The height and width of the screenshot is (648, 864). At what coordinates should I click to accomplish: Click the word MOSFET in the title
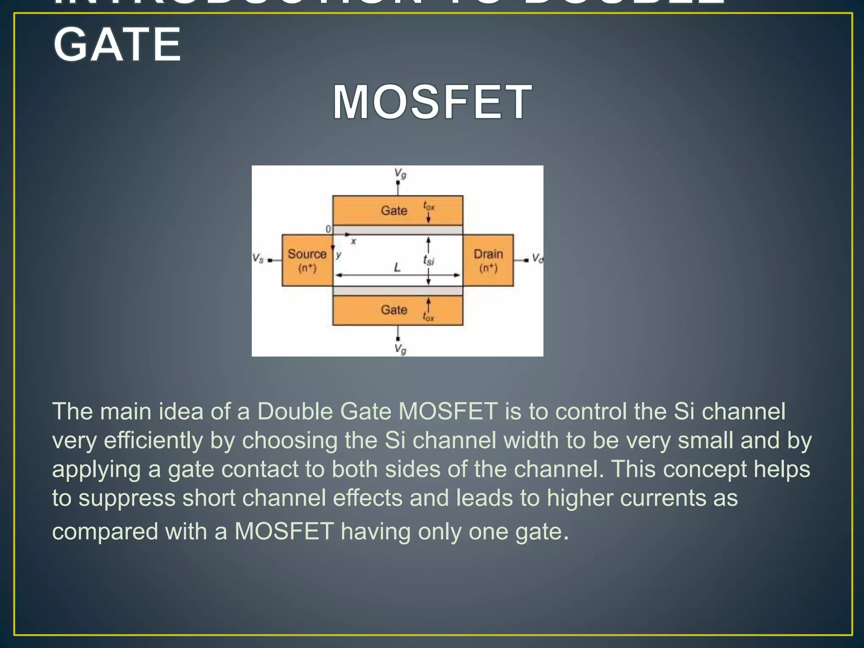click(432, 103)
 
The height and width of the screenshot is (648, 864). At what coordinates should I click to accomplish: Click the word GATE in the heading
click(117, 45)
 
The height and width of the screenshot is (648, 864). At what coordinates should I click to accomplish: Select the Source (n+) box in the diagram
click(307, 260)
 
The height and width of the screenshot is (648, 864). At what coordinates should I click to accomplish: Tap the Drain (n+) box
click(488, 260)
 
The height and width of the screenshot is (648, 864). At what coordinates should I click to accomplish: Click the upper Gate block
click(397, 210)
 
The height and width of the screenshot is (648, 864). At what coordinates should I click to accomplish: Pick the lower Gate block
click(397, 310)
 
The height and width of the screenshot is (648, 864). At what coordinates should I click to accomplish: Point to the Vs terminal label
click(258, 258)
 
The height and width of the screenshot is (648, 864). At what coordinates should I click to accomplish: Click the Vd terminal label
click(537, 258)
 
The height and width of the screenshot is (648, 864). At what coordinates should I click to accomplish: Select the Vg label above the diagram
click(400, 173)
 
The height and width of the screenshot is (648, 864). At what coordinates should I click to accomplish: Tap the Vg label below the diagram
click(400, 349)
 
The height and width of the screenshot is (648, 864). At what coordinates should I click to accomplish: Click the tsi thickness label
click(428, 260)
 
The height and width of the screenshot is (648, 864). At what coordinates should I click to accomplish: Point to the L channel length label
click(397, 267)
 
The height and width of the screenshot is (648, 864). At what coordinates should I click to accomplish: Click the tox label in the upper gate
click(429, 206)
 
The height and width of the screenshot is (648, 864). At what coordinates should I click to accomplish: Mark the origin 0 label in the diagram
click(328, 229)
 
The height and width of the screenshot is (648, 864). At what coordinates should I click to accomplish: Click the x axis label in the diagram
click(354, 242)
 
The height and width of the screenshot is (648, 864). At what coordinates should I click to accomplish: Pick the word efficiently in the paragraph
click(154, 440)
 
